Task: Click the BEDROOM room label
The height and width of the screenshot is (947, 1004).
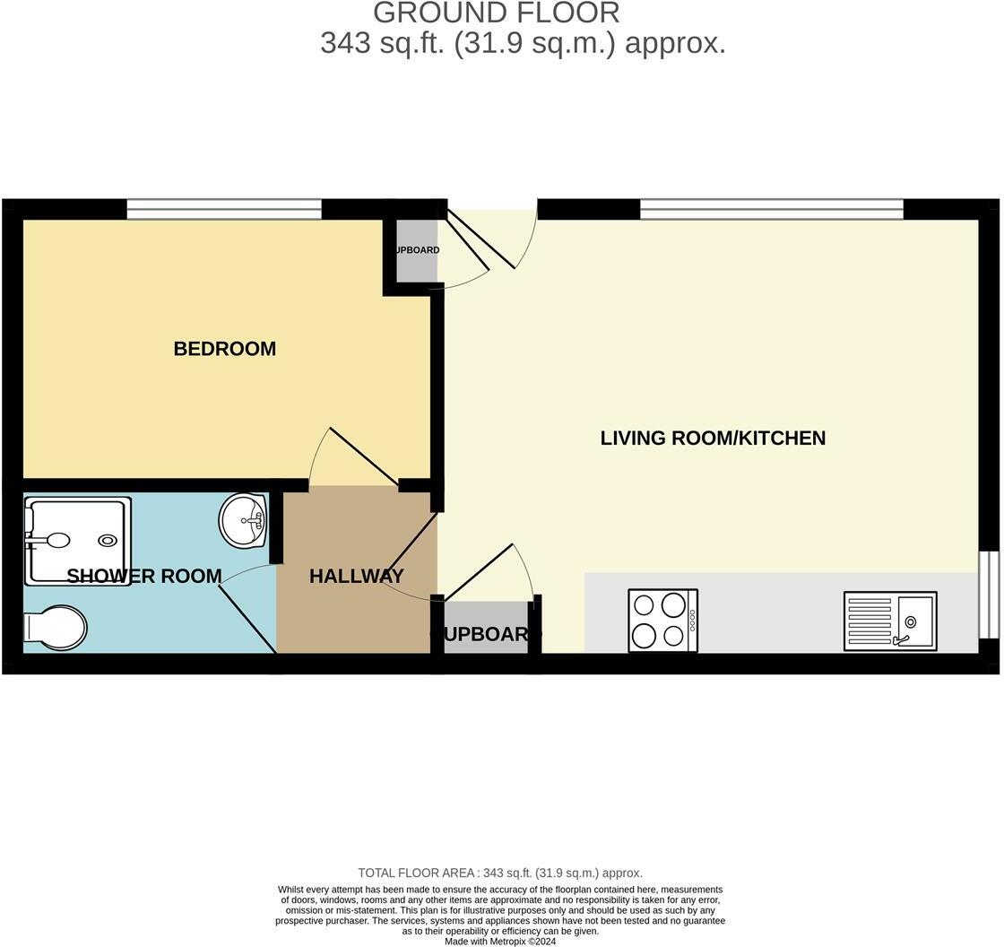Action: tap(224, 349)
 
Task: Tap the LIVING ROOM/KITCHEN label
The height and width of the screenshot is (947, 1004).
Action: tap(713, 438)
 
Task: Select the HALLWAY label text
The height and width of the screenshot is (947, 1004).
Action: tap(356, 576)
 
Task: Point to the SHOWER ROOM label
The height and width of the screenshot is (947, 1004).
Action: tap(143, 576)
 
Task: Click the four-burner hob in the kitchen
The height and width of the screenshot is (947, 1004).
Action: tap(662, 620)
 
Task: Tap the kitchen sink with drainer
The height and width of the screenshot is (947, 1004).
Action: tap(889, 621)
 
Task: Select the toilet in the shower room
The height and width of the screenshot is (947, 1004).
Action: tap(55, 626)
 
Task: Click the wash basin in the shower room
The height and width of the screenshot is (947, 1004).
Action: tap(243, 520)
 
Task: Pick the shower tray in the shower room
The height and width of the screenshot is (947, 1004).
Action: tap(77, 541)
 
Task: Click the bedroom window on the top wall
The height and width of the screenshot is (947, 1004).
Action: tap(223, 210)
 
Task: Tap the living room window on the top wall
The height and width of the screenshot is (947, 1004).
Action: tap(771, 210)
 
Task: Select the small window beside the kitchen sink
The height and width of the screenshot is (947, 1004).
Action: tap(988, 595)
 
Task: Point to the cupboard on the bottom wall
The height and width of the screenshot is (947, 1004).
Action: tap(486, 633)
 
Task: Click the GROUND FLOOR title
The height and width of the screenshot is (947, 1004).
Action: tap(496, 13)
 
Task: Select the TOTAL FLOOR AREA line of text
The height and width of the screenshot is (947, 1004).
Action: tap(499, 873)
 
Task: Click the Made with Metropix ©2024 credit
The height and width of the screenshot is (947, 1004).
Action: tap(500, 941)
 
